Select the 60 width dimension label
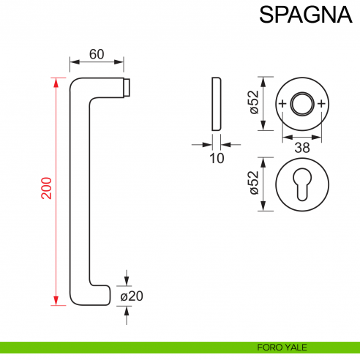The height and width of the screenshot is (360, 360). [96, 53]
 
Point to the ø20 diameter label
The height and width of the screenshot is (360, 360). [132, 296]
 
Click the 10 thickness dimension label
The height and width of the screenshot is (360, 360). [216, 157]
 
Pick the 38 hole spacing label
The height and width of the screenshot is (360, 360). [302, 148]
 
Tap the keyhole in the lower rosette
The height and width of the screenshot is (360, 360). [302, 185]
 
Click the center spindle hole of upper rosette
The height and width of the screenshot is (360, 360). [302, 103]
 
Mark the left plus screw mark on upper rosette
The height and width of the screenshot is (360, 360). [282, 104]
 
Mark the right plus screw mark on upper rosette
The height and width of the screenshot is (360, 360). [322, 104]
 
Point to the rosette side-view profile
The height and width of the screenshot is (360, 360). [216, 103]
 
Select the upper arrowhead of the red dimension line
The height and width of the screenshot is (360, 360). [56, 80]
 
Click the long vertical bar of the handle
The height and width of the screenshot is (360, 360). [80, 190]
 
